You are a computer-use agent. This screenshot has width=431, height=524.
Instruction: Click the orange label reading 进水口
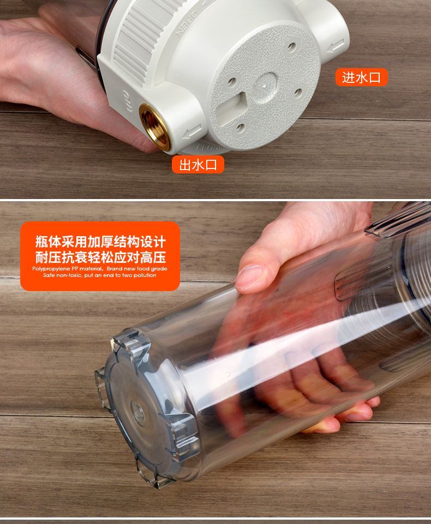362,77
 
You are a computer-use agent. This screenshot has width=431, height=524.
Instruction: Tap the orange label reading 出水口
198,165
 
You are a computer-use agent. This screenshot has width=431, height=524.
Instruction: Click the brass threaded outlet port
155,127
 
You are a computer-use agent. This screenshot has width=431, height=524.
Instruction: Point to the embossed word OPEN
187,23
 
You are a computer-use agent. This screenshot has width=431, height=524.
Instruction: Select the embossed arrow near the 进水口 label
336,46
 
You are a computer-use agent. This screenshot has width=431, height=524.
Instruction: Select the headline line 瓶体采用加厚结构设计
100,242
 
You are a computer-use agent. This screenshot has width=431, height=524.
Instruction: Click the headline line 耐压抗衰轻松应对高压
100,257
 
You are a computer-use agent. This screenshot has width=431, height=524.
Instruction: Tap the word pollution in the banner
145,275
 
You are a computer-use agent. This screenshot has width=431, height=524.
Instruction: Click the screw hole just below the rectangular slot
240,128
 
